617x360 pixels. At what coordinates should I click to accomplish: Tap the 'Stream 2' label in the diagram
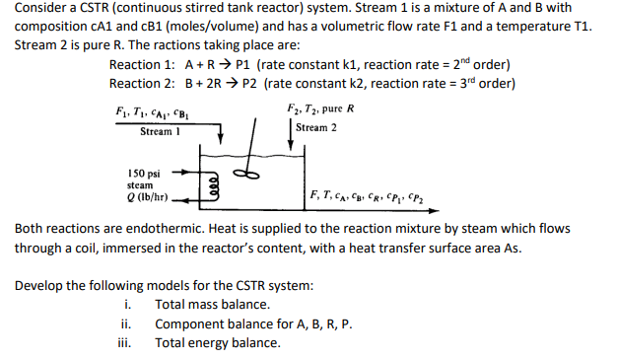click(316, 128)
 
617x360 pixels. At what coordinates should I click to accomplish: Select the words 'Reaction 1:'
click(142, 65)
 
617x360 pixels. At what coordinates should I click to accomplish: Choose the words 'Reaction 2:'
click(142, 83)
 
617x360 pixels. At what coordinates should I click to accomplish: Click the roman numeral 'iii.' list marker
click(126, 342)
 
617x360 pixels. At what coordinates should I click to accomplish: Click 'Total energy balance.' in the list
click(218, 342)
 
